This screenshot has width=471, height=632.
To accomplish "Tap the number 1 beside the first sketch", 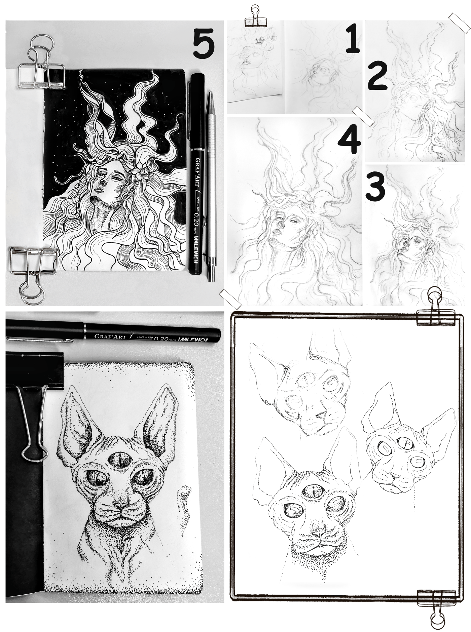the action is tap(353, 40).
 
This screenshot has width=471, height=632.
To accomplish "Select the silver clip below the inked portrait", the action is tap(32, 272).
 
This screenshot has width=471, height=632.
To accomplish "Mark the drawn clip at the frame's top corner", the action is tap(437, 308).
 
